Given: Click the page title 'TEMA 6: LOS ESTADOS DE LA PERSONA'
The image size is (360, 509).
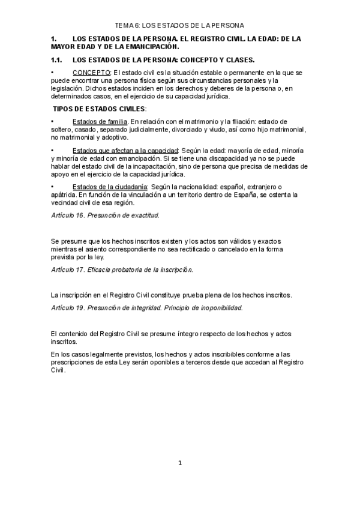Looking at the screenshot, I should pyautogui.click(x=180, y=25).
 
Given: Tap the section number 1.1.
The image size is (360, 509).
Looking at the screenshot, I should pyautogui.click(x=58, y=59).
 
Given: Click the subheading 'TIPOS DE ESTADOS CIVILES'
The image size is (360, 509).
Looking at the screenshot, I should pyautogui.click(x=100, y=109).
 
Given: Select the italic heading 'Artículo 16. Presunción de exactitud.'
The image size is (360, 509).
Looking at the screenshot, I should pyautogui.click(x=105, y=214).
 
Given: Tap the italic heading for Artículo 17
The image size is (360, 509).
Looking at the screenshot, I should pyautogui.click(x=122, y=270).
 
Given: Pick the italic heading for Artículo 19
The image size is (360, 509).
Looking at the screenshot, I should pyautogui.click(x=147, y=308).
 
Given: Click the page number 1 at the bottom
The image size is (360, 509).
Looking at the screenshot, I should pyautogui.click(x=180, y=463).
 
